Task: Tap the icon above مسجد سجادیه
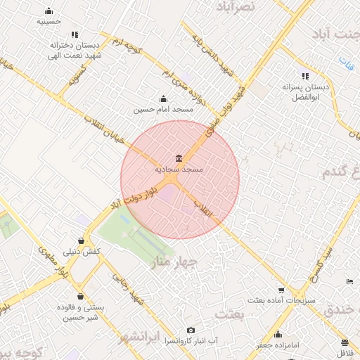coord(179,157)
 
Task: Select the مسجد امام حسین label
coord(164,110)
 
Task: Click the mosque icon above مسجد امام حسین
coord(164,98)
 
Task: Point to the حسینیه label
coord(49,22)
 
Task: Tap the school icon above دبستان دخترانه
coord(75,34)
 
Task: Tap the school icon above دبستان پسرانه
coord(305,76)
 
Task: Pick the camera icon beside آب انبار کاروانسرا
coord(191,330)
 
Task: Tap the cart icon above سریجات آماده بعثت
coord(281,290)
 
